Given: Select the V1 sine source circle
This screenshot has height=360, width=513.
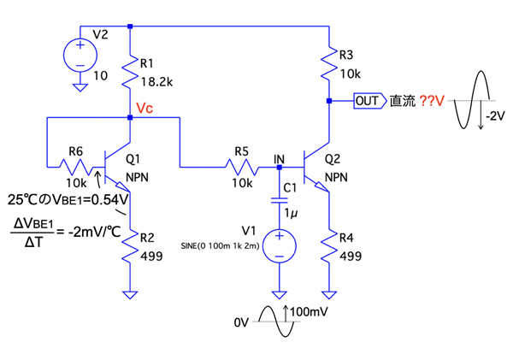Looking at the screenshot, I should pos(279,246).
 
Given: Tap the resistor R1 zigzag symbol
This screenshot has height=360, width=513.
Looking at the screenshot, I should pos(129,74).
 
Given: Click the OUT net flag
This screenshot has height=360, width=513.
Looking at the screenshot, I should pos(368,101).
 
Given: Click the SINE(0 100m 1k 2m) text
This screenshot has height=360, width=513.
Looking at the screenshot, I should pos(214,246).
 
